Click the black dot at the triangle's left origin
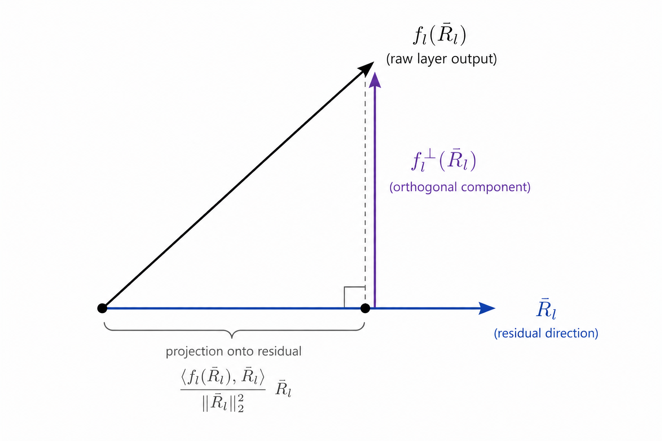coord(102,308)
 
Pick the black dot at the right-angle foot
coord(365,308)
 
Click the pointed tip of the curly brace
coord(232,337)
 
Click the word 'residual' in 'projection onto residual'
coord(279,351)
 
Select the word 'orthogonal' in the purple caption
coord(423,187)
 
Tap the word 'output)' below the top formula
coord(474,59)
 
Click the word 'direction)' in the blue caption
coord(571,333)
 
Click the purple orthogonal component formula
coord(443,161)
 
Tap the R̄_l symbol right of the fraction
coord(283,389)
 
